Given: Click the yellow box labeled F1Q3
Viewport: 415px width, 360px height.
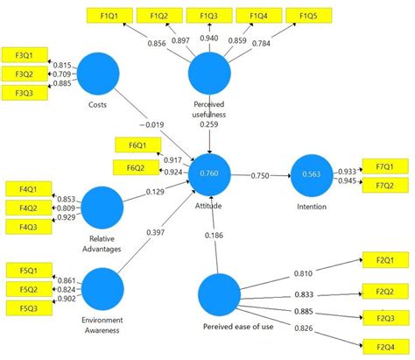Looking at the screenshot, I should (209, 17).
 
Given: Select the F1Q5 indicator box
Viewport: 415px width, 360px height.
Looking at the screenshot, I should (308, 17).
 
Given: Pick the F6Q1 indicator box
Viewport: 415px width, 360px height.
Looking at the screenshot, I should (136, 144).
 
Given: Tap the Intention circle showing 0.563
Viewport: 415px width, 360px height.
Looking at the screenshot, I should (310, 173).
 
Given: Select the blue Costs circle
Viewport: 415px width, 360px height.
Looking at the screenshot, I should (98, 74).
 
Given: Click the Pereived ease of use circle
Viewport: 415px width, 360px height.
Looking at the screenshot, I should (220, 295).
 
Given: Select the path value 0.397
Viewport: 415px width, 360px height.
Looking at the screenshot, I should (156, 233).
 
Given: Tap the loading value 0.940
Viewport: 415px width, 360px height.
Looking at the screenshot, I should (209, 39).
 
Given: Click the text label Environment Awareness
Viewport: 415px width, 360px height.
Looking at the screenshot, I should (104, 326).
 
